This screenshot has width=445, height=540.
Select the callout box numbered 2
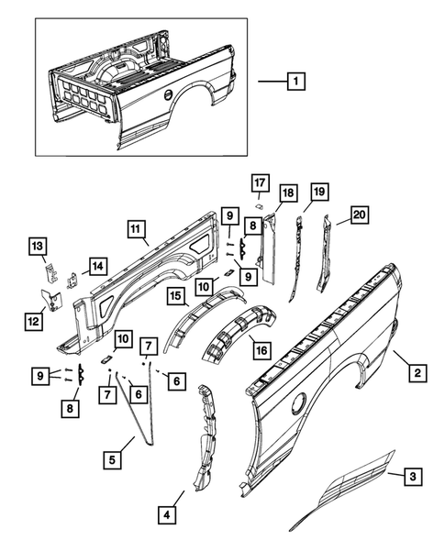tap(417, 372)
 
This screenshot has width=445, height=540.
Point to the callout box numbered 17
tap(259, 182)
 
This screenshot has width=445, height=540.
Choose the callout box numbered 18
tap(287, 193)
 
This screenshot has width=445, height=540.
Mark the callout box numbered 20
tap(359, 216)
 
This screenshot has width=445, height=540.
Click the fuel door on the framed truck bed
tap(168, 95)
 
